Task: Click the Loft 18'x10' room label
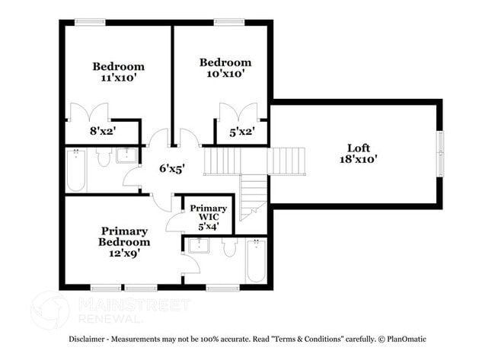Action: click(x=359, y=153)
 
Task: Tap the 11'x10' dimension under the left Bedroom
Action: click(x=118, y=78)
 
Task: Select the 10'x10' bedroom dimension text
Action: click(x=225, y=74)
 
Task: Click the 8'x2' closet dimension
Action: click(x=104, y=131)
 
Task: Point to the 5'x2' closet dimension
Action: click(x=242, y=132)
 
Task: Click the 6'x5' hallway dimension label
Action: click(x=172, y=169)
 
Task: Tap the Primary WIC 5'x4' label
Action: click(x=209, y=218)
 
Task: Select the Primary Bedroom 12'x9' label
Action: click(x=124, y=242)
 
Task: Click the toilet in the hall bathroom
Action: click(x=104, y=157)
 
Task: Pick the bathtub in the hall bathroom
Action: click(x=76, y=170)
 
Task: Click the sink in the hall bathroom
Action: click(x=126, y=155)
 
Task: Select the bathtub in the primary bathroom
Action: click(x=256, y=260)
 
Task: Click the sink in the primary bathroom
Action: click(x=199, y=246)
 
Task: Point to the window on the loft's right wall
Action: click(x=440, y=153)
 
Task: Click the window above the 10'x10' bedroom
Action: click(x=229, y=22)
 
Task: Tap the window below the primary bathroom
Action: click(x=223, y=288)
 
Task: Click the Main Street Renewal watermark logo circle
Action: click(x=49, y=311)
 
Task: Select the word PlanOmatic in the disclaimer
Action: click(x=407, y=339)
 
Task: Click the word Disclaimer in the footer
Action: click(x=87, y=339)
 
